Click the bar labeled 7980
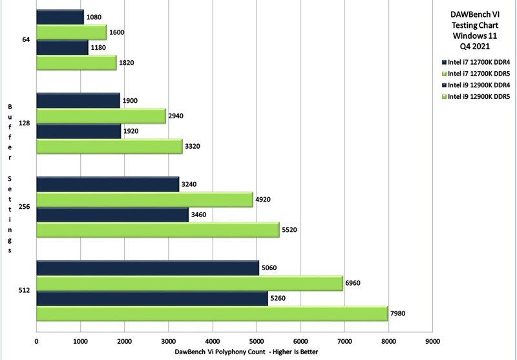tap(212, 314)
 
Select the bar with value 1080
tap(60, 17)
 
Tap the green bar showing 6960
tap(189, 283)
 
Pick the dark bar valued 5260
tap(152, 299)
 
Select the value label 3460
tap(198, 215)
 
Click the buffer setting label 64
tap(26, 39)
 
